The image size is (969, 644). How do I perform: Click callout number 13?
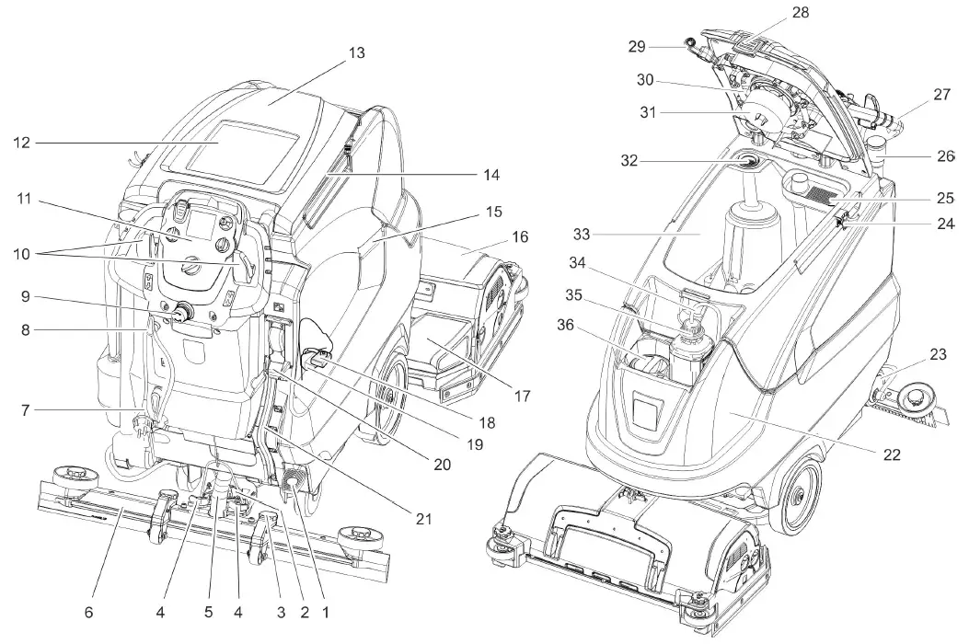coord(355,53)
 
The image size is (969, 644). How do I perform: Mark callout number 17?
coord(522,397)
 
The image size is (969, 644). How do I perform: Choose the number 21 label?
coord(423,519)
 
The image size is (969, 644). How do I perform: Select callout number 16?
coord(520,237)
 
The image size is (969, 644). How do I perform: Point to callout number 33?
coord(582,235)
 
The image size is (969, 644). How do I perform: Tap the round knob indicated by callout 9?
coord(180,313)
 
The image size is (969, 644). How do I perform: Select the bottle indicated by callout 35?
coord(687,354)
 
